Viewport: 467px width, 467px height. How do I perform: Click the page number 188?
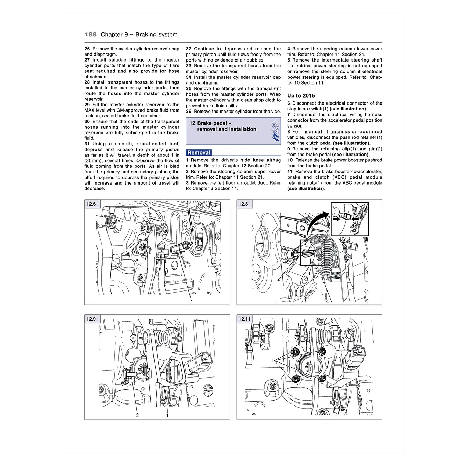click(91, 34)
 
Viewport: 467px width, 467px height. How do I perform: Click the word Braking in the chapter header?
click(147, 34)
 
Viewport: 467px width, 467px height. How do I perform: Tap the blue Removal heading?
click(199, 152)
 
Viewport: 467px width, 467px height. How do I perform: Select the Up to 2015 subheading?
click(301, 95)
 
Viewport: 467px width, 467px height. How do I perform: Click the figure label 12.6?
click(91, 204)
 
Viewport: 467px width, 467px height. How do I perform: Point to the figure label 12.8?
click(243, 204)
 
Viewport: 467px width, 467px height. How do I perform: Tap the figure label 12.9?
click(91, 319)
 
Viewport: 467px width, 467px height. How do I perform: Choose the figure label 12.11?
click(245, 319)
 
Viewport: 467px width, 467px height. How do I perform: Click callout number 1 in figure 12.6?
click(192, 301)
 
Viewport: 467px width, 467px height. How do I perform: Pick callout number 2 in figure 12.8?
click(278, 279)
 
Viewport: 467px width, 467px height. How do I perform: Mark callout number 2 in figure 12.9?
click(137, 415)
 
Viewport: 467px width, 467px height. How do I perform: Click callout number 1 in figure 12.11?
click(273, 360)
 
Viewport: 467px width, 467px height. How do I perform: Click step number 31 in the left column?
click(87, 144)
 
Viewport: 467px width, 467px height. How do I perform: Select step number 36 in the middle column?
click(189, 112)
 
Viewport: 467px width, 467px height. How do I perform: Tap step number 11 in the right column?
click(290, 172)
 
